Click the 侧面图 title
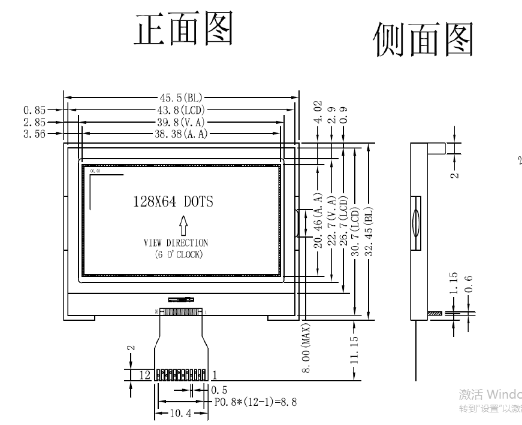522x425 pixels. click(x=423, y=41)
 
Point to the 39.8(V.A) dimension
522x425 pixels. click(x=180, y=122)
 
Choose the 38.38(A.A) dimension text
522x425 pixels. click(x=181, y=133)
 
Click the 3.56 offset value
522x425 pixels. click(x=35, y=133)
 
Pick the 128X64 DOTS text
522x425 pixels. click(x=173, y=202)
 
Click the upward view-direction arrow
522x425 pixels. click(x=183, y=226)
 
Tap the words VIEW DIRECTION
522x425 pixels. click(x=176, y=243)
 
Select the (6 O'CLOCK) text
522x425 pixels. click(x=176, y=254)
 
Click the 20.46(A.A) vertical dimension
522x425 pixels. click(x=318, y=220)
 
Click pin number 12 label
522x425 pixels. click(x=144, y=375)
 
